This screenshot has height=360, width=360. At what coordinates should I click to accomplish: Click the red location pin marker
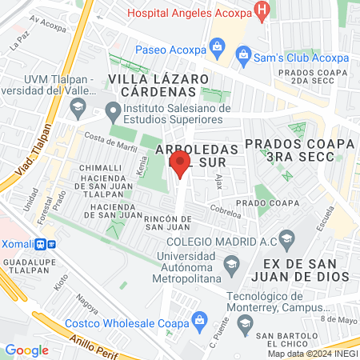click(180, 165)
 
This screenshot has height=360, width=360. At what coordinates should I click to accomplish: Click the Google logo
click(26, 350)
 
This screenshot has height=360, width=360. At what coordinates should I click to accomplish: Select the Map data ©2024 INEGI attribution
click(312, 354)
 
